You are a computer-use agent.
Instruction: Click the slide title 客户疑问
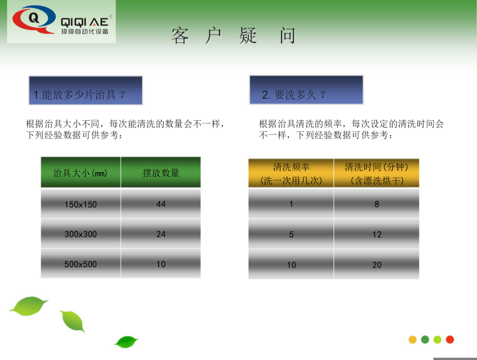point(234,36)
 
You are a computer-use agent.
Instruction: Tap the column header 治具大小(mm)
point(81,172)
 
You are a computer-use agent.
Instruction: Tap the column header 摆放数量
point(161,172)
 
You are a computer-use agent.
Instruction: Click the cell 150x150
point(81,204)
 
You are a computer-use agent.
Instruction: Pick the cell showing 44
point(161,204)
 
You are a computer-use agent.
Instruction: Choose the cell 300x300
point(81,234)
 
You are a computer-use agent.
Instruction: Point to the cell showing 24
point(161,234)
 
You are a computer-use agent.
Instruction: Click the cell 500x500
point(81,264)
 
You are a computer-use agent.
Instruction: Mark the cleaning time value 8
point(376,204)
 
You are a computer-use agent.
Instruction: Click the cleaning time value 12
point(376,235)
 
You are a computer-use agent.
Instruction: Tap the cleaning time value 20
point(376,265)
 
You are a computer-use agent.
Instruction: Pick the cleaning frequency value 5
point(291,235)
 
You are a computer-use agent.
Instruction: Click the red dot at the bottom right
point(450,340)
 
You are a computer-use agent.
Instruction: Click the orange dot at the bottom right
point(413,340)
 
